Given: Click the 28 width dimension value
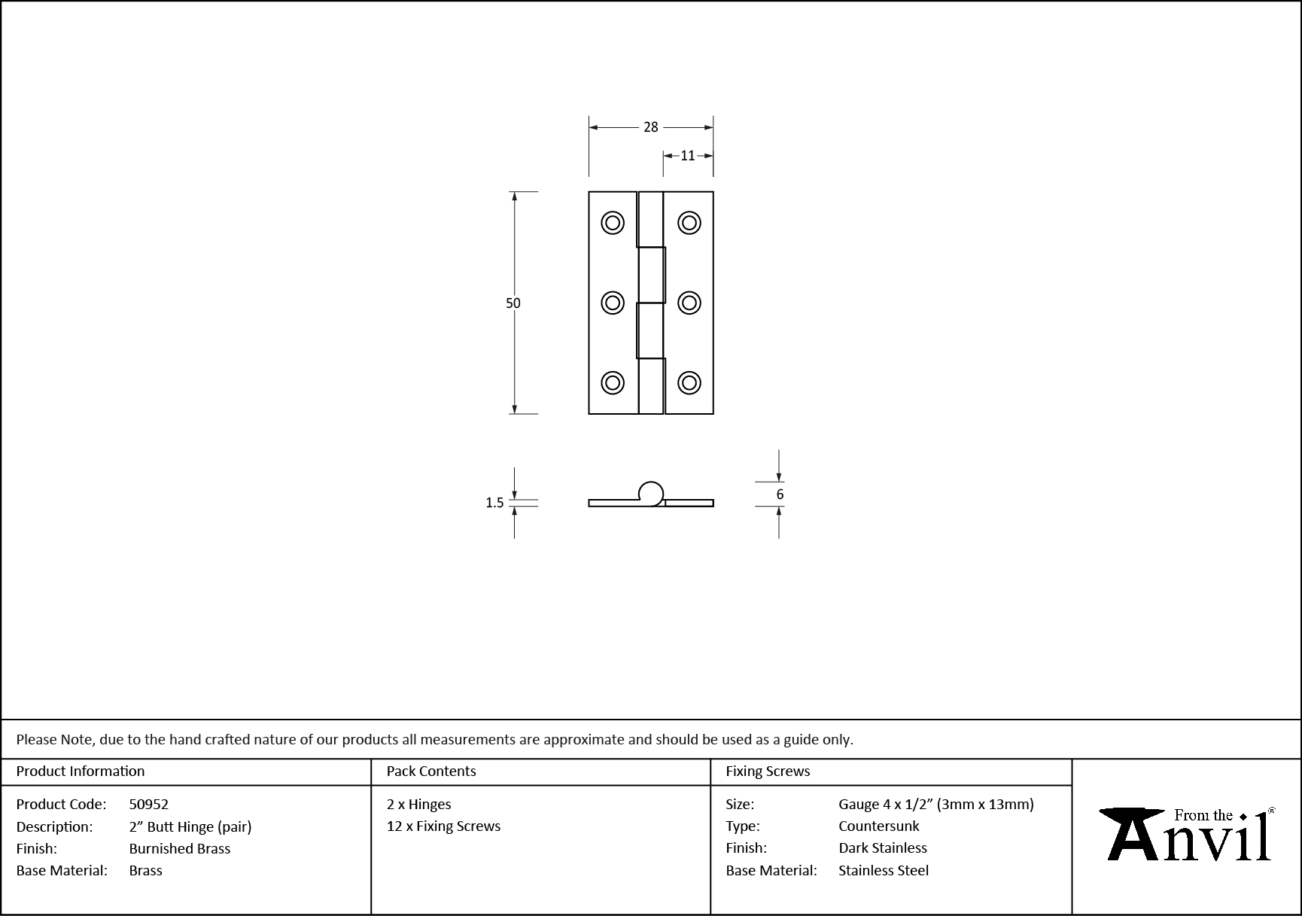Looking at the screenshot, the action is click(x=651, y=127).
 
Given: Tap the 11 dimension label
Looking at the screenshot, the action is click(x=688, y=156).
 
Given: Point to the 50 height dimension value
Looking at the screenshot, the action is click(x=513, y=303).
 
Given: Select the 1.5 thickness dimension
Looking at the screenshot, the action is click(x=494, y=503).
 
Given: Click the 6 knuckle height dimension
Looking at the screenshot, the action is click(x=780, y=495).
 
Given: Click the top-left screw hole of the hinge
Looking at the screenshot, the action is click(x=613, y=223).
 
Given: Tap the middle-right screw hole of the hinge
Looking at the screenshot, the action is click(x=689, y=303).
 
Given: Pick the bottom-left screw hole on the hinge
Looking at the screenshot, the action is click(x=613, y=382).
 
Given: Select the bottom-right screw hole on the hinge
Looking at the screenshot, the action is click(x=689, y=382).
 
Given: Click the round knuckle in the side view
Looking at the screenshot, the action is click(x=652, y=494).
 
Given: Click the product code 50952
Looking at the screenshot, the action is click(x=149, y=805).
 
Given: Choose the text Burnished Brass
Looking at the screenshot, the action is click(x=180, y=849).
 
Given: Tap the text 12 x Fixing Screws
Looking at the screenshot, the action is click(x=443, y=826).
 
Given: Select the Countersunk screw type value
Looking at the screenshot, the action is click(x=879, y=826).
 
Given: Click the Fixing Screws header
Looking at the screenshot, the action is click(x=768, y=771).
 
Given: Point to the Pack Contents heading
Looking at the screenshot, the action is click(x=431, y=771).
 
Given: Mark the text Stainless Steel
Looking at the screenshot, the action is click(x=884, y=871).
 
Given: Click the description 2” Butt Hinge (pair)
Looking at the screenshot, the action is click(x=190, y=827).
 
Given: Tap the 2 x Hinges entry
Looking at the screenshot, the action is click(x=419, y=805).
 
